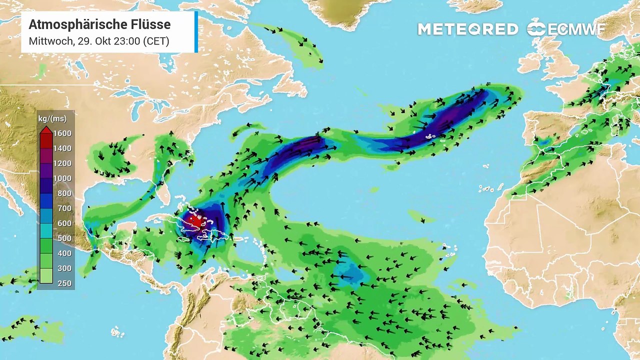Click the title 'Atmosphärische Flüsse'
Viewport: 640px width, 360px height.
tap(99, 24)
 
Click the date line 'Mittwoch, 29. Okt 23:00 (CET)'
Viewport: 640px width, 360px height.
tap(99, 41)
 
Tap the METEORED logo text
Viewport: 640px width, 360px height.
tap(467, 29)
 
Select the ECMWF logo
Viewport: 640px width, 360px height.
tap(565, 29)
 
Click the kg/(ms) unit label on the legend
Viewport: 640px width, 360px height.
tap(52, 119)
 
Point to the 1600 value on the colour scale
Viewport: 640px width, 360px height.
tap(63, 133)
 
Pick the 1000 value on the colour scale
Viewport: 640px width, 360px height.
tap(63, 178)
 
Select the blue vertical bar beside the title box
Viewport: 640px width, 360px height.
tap(196, 31)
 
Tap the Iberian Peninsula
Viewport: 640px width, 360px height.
tap(550, 127)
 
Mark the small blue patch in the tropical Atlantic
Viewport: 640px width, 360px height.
tap(350, 272)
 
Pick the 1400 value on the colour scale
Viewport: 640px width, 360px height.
tap(63, 148)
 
